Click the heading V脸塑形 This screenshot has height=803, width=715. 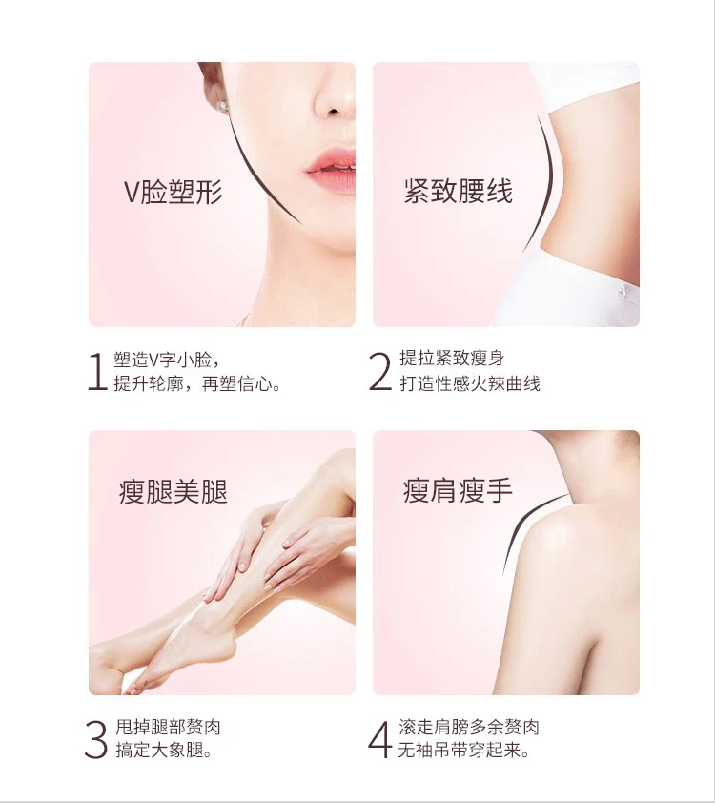[174, 192]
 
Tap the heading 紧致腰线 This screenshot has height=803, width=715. [458, 192]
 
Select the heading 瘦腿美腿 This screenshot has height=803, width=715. [174, 492]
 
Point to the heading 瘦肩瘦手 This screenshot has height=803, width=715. [458, 492]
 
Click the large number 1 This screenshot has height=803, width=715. [95, 372]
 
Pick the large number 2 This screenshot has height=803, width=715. [380, 372]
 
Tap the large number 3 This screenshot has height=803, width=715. [95, 740]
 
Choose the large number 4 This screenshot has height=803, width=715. [380, 740]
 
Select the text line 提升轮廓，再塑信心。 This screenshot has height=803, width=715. [197, 384]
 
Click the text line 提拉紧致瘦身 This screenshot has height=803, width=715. [451, 360]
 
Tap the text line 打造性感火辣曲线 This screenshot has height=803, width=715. [469, 384]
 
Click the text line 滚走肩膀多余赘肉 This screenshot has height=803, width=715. [469, 728]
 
